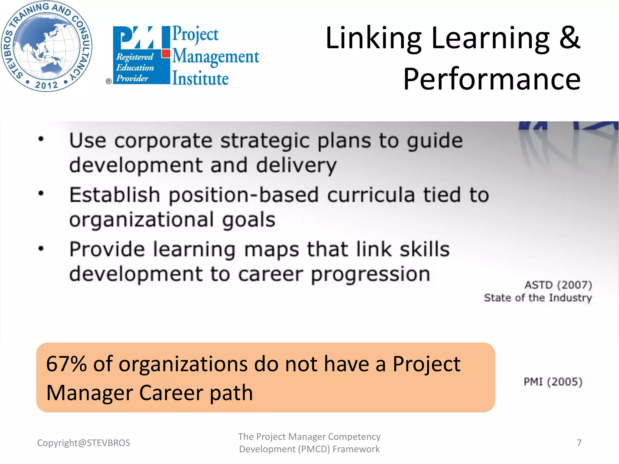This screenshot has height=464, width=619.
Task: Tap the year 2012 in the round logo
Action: pos(46,85)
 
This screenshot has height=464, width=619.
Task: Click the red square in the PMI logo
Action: pos(166,54)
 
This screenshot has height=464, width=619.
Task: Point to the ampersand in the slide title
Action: pos(569,37)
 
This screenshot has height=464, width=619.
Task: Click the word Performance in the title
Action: pos(492,79)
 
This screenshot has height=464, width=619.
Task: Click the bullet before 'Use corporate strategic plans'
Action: pos(41,139)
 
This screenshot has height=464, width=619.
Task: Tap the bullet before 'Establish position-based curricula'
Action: pos(41,193)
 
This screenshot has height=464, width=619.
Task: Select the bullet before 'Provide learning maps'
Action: pos(41,248)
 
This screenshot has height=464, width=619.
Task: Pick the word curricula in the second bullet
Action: pos(371,195)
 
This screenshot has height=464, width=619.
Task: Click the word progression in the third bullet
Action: pos(371,274)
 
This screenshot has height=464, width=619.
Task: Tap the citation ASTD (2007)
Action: pos(558,285)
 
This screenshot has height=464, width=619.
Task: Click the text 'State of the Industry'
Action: pos(538,298)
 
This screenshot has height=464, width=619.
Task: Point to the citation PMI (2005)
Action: pos(553,382)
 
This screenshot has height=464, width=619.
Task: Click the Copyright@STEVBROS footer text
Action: pos(83,443)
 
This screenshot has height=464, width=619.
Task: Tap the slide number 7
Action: pos(579,443)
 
